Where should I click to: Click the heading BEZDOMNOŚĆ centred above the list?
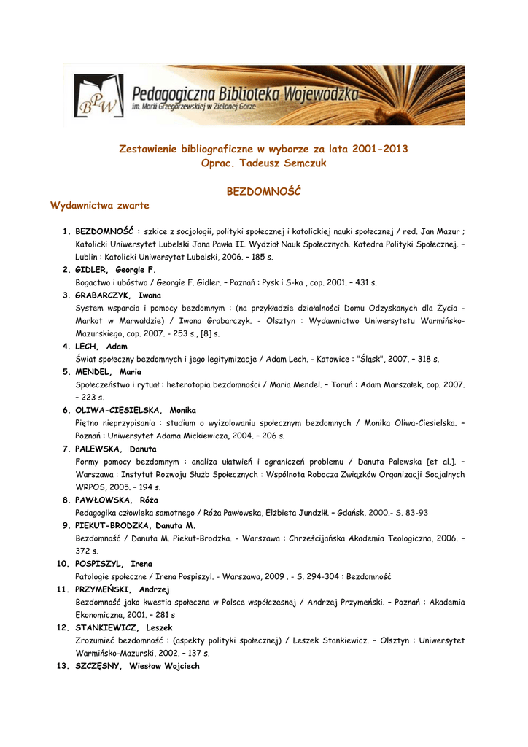[264, 191]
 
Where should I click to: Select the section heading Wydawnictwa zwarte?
[100, 205]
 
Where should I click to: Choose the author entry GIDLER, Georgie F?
[115, 270]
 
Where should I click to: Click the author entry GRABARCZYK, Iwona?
[118, 295]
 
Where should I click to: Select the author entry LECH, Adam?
[101, 347]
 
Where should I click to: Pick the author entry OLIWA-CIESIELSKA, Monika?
[136, 411]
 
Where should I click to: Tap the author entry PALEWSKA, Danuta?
[116, 449]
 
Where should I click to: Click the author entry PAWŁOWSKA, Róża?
[117, 500]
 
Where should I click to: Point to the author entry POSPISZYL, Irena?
[114, 565]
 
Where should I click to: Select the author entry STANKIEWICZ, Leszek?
[124, 628]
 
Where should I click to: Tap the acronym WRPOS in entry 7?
[90, 487]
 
